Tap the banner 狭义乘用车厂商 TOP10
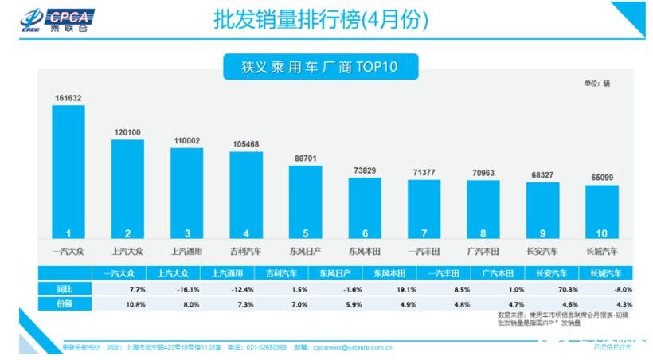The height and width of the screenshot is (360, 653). tap(320, 68)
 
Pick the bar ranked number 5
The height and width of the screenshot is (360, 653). tap(305, 202)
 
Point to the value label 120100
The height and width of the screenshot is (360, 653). tap(127, 132)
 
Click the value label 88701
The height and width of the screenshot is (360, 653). tap(305, 158)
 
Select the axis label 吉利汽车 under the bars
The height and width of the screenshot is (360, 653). tap(246, 252)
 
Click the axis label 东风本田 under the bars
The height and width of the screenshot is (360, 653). tap(365, 252)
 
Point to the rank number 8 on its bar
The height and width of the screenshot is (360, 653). tap(483, 233)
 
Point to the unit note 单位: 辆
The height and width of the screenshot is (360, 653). tap(596, 83)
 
